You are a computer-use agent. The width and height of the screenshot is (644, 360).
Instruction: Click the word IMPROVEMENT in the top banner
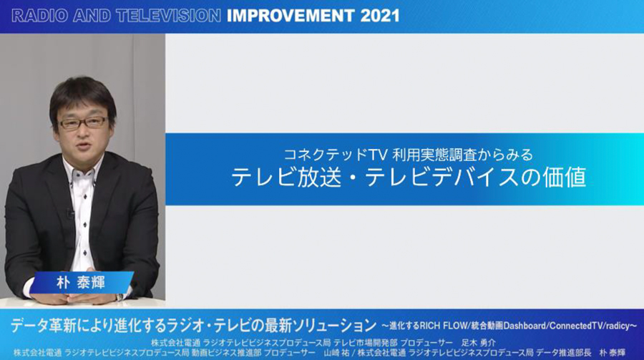(x=291, y=16)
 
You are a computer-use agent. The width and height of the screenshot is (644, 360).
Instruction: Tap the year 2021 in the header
(x=380, y=16)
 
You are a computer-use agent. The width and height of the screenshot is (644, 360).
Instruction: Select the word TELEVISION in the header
(x=169, y=16)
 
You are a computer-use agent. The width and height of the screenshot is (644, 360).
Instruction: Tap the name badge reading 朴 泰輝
(x=81, y=282)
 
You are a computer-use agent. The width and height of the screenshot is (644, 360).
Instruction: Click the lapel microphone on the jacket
(x=69, y=213)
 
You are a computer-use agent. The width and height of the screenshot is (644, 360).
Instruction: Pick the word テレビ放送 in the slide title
(x=286, y=177)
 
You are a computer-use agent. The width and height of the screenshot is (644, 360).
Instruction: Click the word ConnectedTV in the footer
(x=576, y=326)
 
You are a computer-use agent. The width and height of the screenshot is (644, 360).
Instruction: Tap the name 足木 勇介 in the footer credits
(x=479, y=343)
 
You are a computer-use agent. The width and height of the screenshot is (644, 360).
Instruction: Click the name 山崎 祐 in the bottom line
(x=336, y=353)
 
